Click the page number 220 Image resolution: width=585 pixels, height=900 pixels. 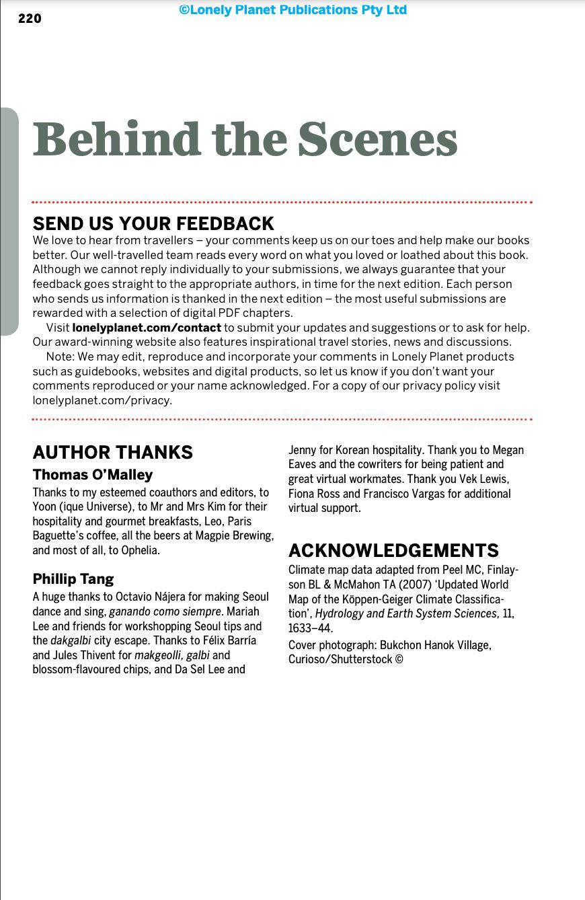click(x=30, y=19)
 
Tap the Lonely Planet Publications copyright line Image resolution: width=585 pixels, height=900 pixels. click(x=292, y=10)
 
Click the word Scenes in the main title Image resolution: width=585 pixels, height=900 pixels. click(x=377, y=139)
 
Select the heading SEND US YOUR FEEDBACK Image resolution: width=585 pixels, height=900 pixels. click(x=153, y=223)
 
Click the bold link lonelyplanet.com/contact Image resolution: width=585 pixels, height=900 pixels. click(x=147, y=328)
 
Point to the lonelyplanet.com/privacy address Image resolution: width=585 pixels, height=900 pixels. click(x=102, y=400)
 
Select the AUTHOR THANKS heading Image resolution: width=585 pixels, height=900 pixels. click(x=112, y=452)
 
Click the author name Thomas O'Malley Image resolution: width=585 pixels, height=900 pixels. click(x=93, y=475)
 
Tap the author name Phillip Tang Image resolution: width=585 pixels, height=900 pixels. click(x=73, y=579)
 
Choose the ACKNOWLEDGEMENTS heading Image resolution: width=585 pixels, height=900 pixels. click(x=393, y=550)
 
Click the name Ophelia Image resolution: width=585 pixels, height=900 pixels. click(x=140, y=550)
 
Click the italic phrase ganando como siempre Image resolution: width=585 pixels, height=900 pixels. click(x=165, y=611)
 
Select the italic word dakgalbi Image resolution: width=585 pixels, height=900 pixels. click(x=70, y=640)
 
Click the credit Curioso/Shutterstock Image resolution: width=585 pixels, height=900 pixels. click(x=340, y=660)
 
